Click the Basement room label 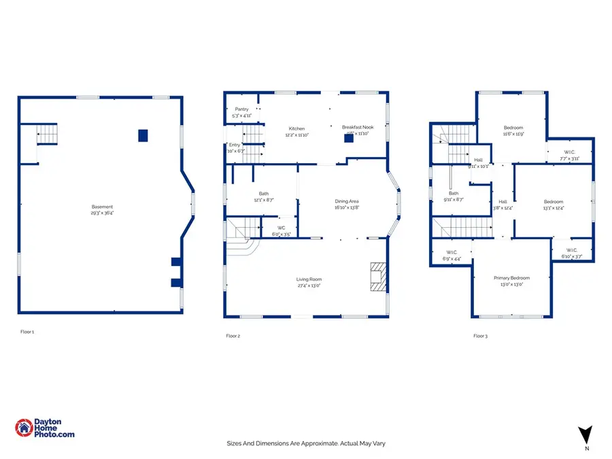pyautogui.click(x=103, y=207)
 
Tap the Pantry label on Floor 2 pyautogui.click(x=241, y=109)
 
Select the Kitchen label pyautogui.click(x=296, y=129)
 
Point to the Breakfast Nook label pyautogui.click(x=358, y=127)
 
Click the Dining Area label pyautogui.click(x=346, y=201)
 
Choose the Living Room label pyautogui.click(x=309, y=279)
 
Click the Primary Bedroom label pyautogui.click(x=511, y=277)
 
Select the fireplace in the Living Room pyautogui.click(x=376, y=277)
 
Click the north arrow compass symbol pyautogui.click(x=585, y=435)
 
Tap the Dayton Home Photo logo pyautogui.click(x=45, y=427)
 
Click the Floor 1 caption pyautogui.click(x=27, y=332)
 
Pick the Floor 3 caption pyautogui.click(x=481, y=336)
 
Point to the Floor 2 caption pyautogui.click(x=233, y=336)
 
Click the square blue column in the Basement pyautogui.click(x=143, y=135)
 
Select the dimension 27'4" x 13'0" pyautogui.click(x=309, y=286)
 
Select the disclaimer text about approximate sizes pyautogui.click(x=306, y=443)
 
